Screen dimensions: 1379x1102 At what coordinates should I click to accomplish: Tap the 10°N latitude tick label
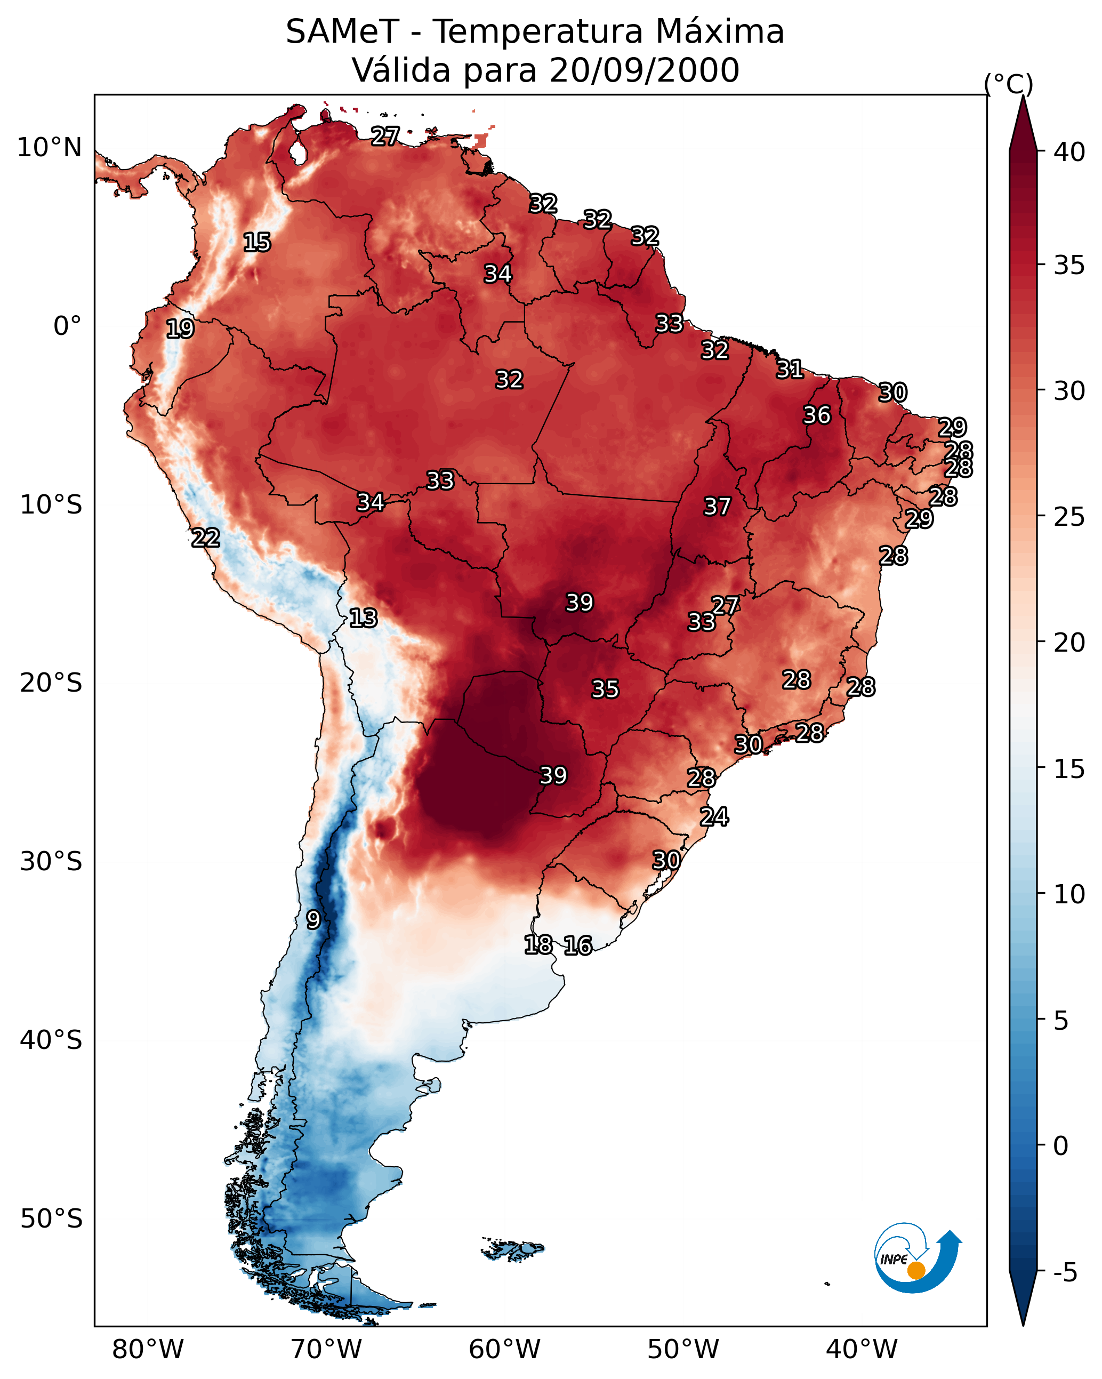point(49,148)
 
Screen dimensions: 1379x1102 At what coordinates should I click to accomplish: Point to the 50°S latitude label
point(51,1219)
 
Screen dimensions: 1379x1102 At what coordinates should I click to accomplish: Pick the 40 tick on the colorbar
point(1069,152)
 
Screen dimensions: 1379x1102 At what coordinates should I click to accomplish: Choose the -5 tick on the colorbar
point(1065,1273)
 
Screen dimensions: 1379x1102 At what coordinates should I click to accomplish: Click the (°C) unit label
point(1008,84)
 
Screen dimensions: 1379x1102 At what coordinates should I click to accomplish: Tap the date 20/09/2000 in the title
point(644,70)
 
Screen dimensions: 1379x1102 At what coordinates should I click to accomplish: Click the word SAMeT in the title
point(342,32)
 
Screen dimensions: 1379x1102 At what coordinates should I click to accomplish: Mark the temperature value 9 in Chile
point(313,920)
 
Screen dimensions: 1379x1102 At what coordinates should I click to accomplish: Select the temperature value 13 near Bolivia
point(363,618)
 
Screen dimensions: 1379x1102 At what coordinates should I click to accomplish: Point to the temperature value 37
point(717,507)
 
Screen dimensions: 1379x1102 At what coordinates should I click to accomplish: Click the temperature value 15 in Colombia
point(257,243)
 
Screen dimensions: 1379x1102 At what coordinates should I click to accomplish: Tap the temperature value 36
point(817,415)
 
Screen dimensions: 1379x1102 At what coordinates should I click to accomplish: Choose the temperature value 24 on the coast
point(714,817)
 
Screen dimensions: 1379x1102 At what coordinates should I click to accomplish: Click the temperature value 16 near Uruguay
point(578,945)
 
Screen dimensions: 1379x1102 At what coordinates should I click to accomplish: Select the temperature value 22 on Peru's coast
point(206,538)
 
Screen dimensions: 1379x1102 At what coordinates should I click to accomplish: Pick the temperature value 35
point(605,689)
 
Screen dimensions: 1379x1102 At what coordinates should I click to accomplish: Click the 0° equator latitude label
point(67,326)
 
